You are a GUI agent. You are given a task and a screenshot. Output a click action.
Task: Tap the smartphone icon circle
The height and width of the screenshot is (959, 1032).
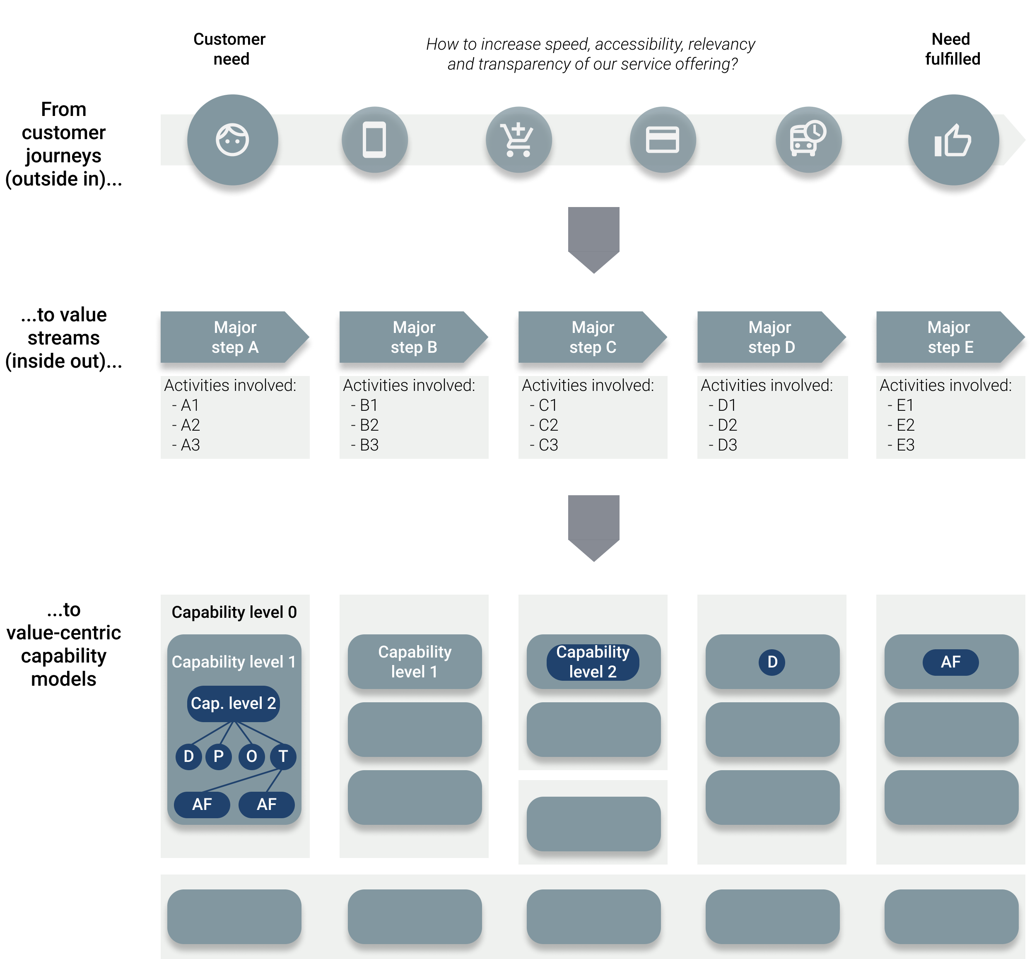(374, 140)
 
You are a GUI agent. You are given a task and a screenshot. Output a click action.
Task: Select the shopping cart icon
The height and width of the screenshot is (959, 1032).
(518, 140)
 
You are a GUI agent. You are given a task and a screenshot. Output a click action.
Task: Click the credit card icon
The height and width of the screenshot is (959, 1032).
(662, 140)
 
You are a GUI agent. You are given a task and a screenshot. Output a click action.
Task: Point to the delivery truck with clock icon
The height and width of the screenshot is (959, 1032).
(808, 140)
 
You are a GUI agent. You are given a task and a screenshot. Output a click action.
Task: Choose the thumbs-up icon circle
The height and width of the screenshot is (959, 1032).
(953, 140)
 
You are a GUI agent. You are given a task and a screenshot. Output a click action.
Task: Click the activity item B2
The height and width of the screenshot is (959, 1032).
(369, 425)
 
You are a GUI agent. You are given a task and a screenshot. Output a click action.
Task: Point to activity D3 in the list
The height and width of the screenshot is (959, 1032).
(727, 445)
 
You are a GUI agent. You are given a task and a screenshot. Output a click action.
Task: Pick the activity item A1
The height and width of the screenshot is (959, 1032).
(190, 405)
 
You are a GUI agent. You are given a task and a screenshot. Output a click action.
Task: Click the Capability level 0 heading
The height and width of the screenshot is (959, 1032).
(234, 612)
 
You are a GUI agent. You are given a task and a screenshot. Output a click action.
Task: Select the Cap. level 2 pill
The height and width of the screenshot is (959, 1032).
(233, 704)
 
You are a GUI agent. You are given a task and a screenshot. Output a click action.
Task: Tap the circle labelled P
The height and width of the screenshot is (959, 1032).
(219, 756)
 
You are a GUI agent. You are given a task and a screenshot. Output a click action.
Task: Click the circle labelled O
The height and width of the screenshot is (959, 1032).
(251, 756)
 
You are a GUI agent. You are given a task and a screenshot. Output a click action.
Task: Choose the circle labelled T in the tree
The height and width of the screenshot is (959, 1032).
(283, 756)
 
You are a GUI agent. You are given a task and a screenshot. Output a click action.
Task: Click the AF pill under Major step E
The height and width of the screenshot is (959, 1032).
(950, 662)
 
